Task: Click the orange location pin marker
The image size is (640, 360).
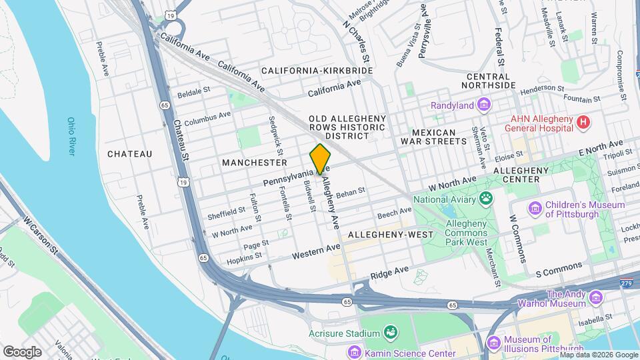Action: tap(321, 159)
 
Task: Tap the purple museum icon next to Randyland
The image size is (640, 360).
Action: tap(484, 105)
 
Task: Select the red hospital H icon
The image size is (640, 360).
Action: tap(583, 122)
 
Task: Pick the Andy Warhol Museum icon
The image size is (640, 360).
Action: tap(595, 298)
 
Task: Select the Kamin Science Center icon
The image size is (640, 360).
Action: tap(354, 351)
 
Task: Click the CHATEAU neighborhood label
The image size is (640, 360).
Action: tap(129, 154)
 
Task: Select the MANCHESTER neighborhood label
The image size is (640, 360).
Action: tap(255, 163)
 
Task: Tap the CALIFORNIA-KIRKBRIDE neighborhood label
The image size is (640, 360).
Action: tap(317, 70)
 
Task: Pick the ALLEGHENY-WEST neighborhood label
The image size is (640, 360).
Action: tap(391, 235)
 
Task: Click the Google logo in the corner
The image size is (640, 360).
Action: tap(23, 351)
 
